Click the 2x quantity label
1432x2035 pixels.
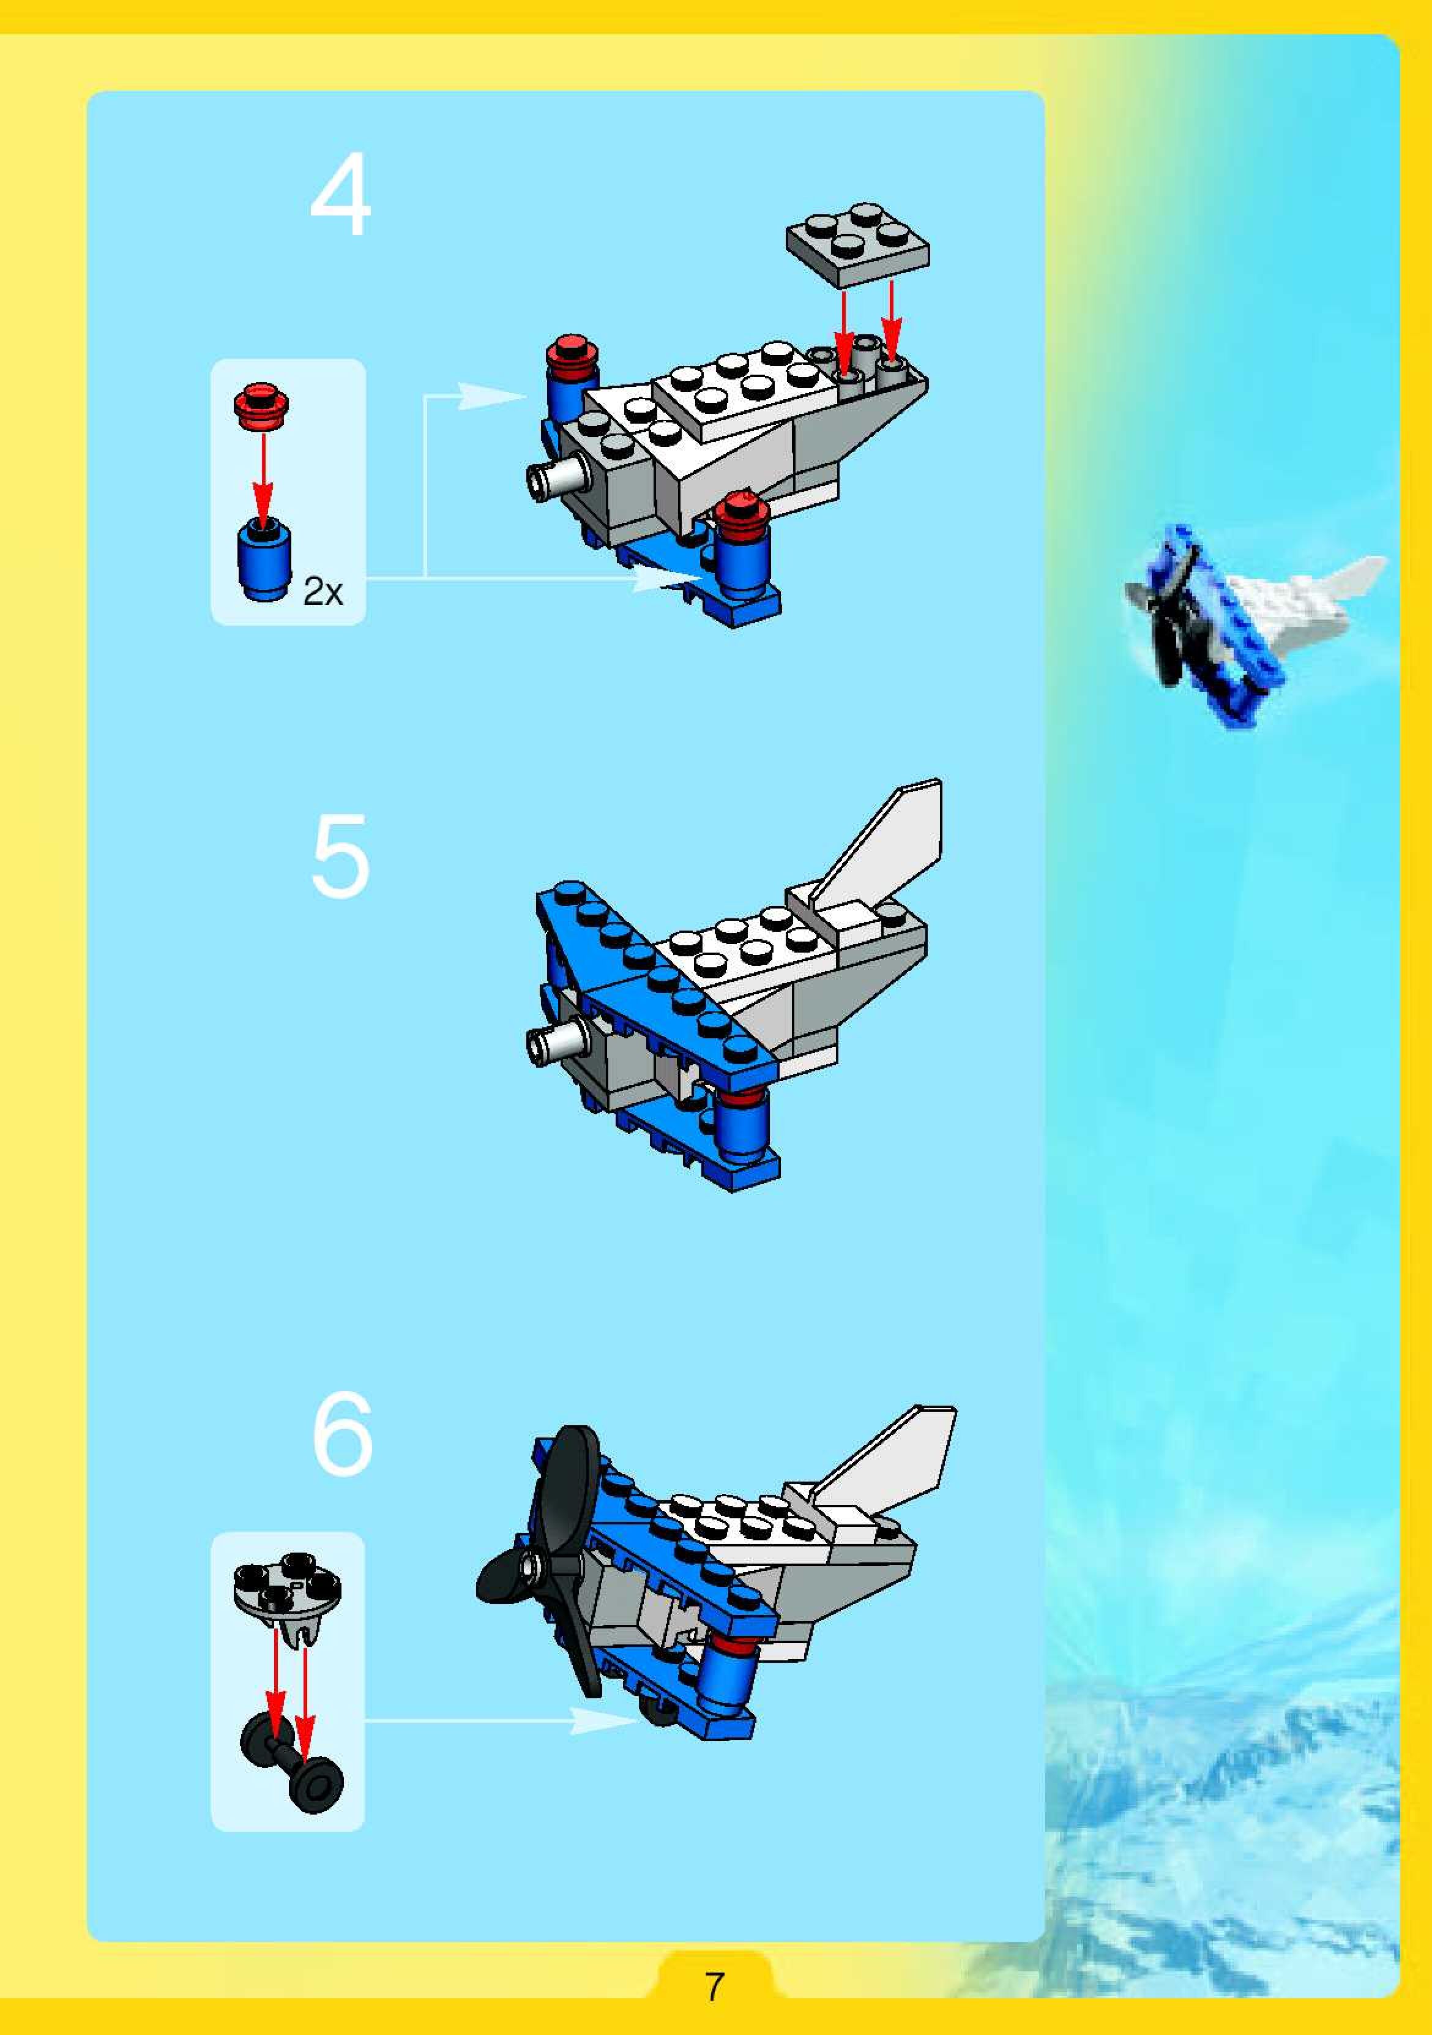pos(323,591)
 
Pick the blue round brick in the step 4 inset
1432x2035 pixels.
pos(264,561)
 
